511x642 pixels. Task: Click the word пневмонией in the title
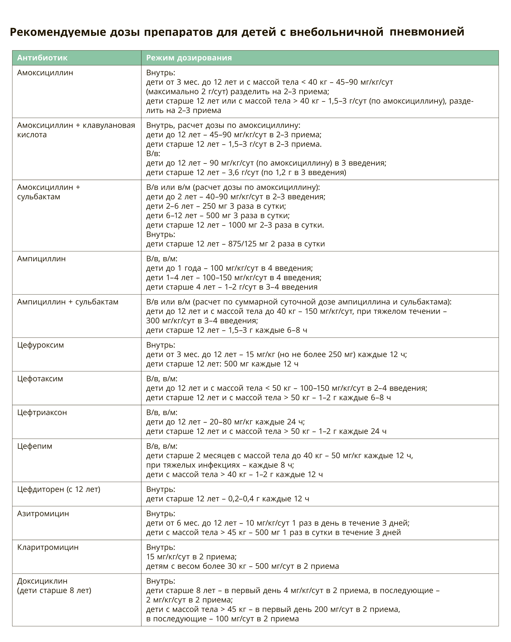pyautogui.click(x=427, y=31)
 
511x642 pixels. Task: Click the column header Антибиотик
pyautogui.click(x=42, y=58)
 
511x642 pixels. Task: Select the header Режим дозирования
pyautogui.click(x=189, y=58)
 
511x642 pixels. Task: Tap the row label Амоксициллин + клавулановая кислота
pyautogui.click(x=76, y=130)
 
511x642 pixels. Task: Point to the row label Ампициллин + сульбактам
pyautogui.click(x=68, y=302)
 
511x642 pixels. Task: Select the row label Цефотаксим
pyautogui.click(x=40, y=379)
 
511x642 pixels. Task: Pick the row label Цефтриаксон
pyautogui.click(x=42, y=412)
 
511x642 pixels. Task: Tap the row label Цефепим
pyautogui.click(x=35, y=446)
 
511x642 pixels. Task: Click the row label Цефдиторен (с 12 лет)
pyautogui.click(x=59, y=489)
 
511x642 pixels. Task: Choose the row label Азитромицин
pyautogui.click(x=43, y=513)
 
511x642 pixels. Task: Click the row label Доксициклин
pyautogui.click(x=42, y=581)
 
